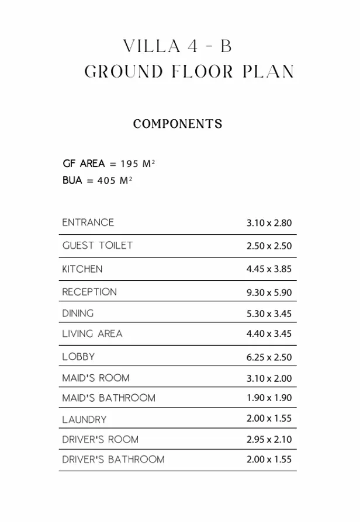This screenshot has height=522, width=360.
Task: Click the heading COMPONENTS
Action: (178, 124)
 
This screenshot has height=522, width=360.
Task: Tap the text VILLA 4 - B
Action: (178, 46)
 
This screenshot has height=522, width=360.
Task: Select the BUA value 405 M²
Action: (115, 181)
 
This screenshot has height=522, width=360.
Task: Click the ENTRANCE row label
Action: (88, 222)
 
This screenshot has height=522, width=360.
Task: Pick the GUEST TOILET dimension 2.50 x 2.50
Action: (269, 246)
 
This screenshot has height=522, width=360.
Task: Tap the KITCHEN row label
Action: (82, 269)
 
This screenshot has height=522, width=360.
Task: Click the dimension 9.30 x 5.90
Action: (269, 293)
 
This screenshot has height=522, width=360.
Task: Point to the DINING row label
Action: (78, 314)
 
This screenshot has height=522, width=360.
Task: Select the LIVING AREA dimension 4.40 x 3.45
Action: (269, 334)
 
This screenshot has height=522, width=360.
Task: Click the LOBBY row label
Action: (78, 357)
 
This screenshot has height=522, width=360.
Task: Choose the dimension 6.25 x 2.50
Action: (269, 357)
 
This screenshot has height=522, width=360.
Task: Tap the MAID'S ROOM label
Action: (96, 378)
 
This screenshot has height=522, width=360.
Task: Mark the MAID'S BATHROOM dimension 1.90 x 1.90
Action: (269, 398)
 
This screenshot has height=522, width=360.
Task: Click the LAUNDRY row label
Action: (85, 419)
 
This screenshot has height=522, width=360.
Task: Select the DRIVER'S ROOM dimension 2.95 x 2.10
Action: (269, 440)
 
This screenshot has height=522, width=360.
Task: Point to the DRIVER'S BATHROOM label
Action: (113, 460)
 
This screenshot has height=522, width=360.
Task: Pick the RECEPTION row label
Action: (89, 292)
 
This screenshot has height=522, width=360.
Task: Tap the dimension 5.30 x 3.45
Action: (269, 314)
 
